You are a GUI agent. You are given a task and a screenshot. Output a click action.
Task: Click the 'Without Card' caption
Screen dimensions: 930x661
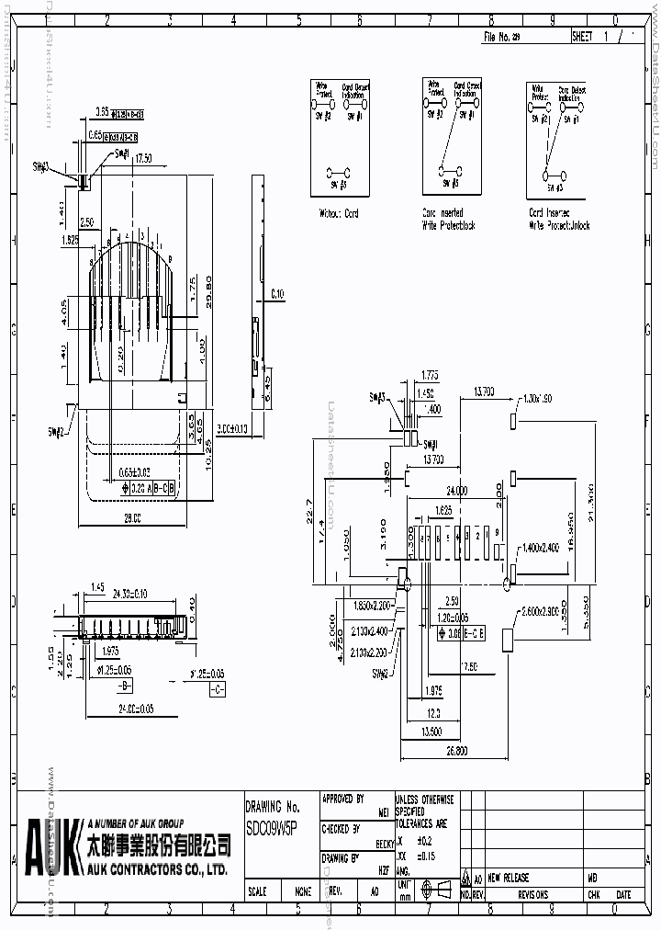[339, 213]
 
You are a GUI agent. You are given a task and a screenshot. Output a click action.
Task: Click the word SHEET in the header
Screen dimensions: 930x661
[584, 37]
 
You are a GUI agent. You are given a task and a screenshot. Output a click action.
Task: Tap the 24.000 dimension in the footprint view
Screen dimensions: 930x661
[456, 490]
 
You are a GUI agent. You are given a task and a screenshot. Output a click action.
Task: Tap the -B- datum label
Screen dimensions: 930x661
[123, 687]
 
